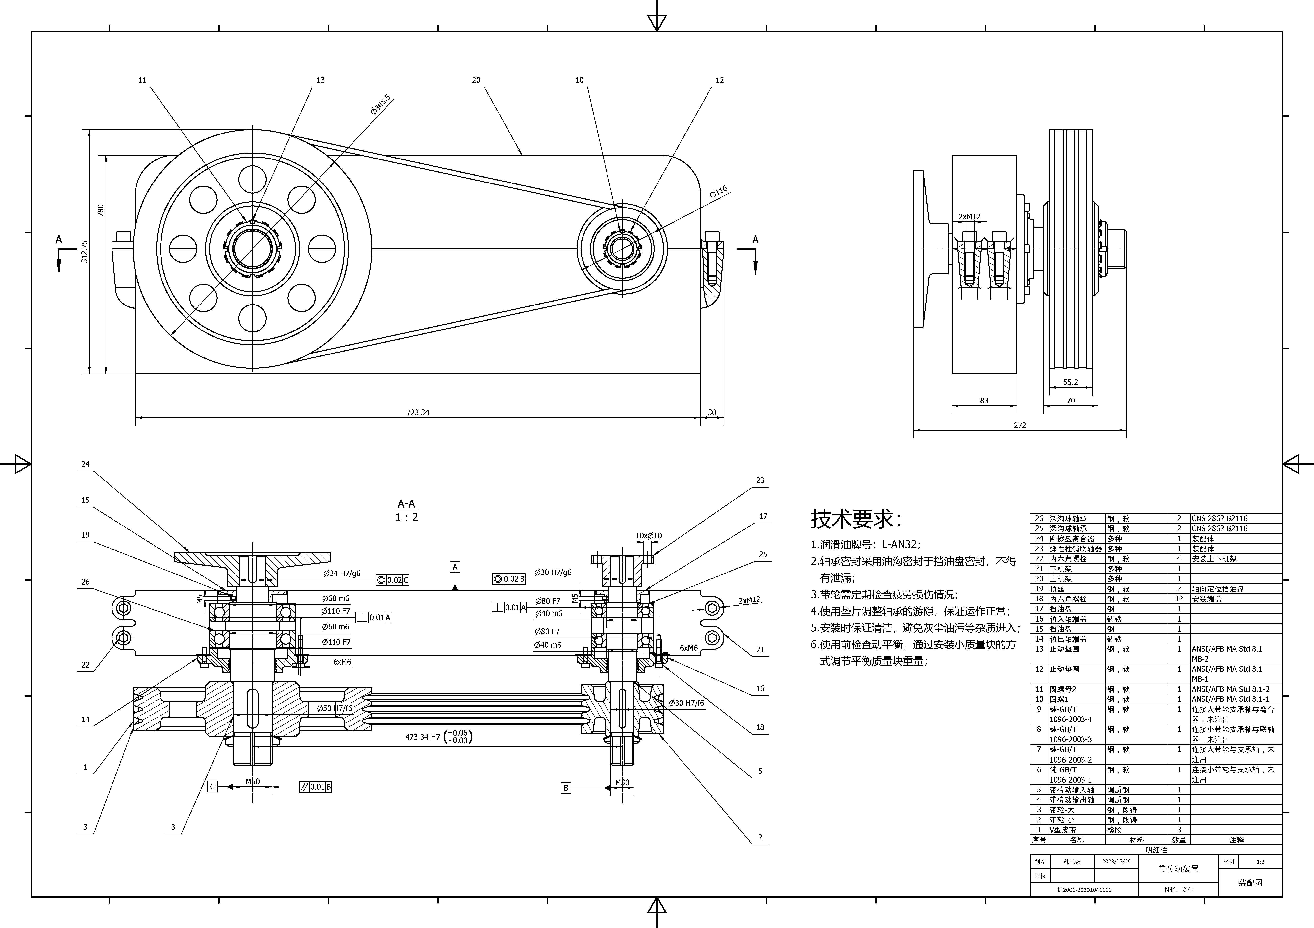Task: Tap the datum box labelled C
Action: pyautogui.click(x=212, y=787)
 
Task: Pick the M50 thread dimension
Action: pyautogui.click(x=252, y=782)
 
